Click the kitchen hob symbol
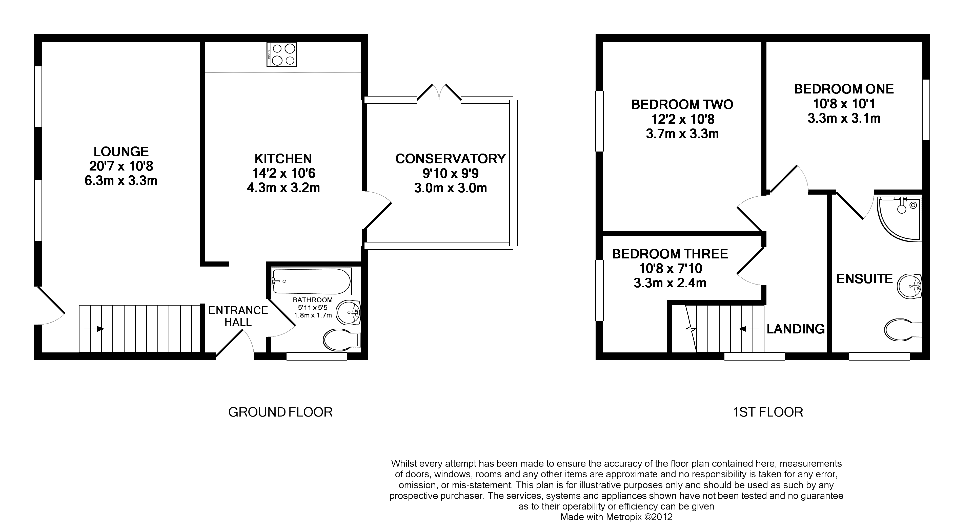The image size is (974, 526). [x=281, y=54]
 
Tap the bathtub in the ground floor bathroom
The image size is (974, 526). [x=311, y=281]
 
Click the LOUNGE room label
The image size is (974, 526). [x=121, y=151]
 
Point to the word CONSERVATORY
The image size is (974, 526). [x=450, y=159]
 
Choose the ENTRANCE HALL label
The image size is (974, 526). [x=238, y=316]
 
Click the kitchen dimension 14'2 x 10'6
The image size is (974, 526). [x=283, y=173]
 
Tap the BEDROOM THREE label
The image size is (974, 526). [x=670, y=254]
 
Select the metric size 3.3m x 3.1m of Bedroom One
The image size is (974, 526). [x=844, y=118]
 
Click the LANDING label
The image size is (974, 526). [x=796, y=329]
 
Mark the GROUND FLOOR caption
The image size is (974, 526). [x=280, y=412]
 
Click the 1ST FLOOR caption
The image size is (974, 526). [x=767, y=412]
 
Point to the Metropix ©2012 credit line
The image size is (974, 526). [x=616, y=517]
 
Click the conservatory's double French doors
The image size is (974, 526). [x=439, y=93]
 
